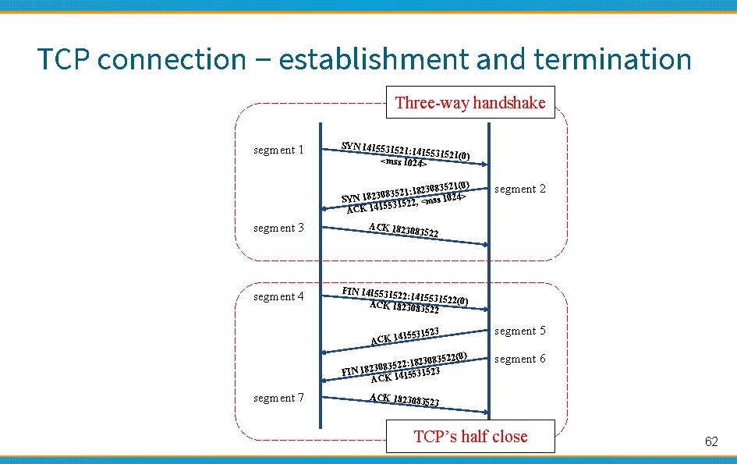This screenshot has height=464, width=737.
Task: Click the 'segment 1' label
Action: pos(279,150)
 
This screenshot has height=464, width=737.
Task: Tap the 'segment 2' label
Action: pos(520,189)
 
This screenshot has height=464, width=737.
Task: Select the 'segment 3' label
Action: pos(279,228)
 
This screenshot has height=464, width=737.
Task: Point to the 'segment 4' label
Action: pos(279,296)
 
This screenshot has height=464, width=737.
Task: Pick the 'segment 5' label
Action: pos(520,331)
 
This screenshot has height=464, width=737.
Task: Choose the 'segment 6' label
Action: pos(520,359)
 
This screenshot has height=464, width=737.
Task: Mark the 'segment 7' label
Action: pos(279,398)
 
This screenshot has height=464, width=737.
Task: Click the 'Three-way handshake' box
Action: pos(470,102)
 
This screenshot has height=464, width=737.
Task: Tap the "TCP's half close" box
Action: pos(470,436)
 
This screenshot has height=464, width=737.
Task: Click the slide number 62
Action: pos(710,441)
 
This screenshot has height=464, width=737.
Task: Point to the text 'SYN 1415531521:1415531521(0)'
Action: pos(406,150)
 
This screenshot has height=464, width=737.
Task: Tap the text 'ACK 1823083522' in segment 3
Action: pos(403,230)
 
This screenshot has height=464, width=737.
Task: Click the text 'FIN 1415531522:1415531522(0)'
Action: pos(406,296)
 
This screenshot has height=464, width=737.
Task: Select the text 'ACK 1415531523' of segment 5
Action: pos(406,336)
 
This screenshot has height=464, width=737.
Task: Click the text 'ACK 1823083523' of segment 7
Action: pos(404,400)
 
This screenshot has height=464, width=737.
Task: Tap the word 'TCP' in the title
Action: pos(63,58)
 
